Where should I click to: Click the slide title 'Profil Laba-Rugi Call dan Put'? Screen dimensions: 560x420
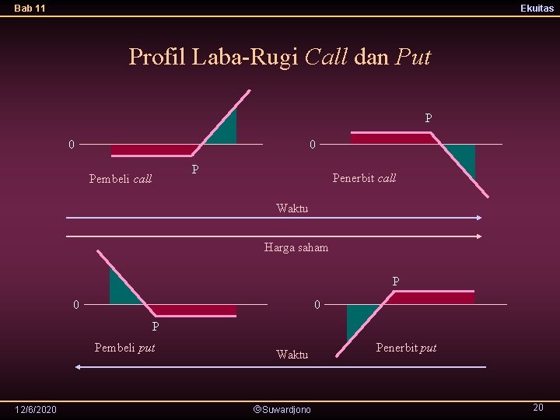click(279, 57)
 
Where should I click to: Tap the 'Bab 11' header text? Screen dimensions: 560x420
click(30, 8)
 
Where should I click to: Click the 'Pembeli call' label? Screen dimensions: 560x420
click(121, 179)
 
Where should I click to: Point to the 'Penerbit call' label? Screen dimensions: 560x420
click(364, 177)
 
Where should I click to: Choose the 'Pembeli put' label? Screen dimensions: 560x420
click(124, 347)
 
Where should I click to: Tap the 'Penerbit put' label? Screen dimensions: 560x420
click(406, 347)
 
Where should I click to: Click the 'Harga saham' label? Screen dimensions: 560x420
click(296, 247)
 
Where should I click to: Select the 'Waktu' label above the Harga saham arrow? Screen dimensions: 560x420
click(292, 208)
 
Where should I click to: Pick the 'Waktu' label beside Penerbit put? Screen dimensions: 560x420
click(292, 355)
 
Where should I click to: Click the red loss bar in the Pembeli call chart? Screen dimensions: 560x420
click(154, 150)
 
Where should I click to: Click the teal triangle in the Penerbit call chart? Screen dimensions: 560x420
click(464, 158)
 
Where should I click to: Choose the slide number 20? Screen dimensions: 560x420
click(537, 408)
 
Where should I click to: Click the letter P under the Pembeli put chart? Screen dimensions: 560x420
click(156, 327)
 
